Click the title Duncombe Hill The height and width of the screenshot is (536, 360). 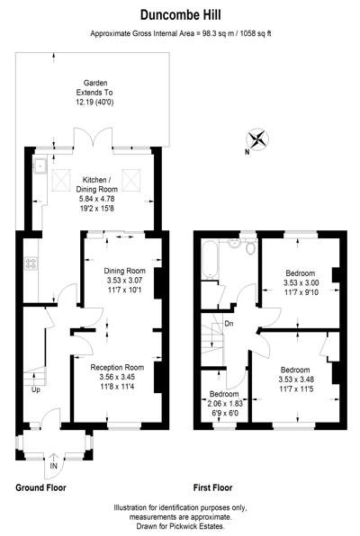click(180, 15)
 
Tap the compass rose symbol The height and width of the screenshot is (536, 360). click(257, 139)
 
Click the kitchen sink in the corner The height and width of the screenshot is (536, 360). click(40, 166)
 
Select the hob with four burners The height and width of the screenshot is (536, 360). click(31, 264)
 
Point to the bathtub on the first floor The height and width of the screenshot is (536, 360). click(209, 260)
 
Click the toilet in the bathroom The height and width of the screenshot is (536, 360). click(251, 246)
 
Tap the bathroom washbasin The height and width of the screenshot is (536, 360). click(235, 243)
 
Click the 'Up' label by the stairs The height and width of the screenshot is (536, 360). click(36, 389)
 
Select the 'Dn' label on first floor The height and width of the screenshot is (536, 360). click(229, 324)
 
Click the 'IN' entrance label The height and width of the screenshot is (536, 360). click(54, 466)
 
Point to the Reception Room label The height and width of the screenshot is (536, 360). click(117, 368)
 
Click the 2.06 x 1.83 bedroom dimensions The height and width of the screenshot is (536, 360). click(225, 404)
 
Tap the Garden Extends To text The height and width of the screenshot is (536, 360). click(94, 88)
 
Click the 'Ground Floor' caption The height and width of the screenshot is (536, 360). click(40, 487)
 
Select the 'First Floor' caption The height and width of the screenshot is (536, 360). click(213, 487)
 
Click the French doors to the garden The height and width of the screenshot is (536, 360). click(93, 138)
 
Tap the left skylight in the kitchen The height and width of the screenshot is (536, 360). click(61, 180)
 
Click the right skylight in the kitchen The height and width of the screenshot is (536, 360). click(131, 180)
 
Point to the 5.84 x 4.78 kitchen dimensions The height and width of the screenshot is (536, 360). click(97, 199)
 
